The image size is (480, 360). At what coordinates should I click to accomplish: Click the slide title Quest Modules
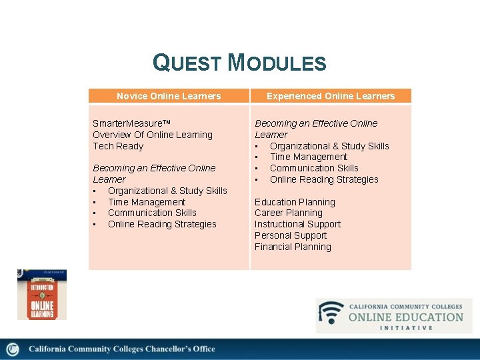point(239,63)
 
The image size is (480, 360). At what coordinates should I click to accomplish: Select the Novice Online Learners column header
point(169,96)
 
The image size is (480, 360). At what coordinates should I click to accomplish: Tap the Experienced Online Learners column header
point(331,96)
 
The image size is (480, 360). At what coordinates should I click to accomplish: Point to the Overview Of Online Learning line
point(153,135)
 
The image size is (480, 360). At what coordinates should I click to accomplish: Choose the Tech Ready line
point(118,146)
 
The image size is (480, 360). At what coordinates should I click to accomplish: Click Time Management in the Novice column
point(147,202)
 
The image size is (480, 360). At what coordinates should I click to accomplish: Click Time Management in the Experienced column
point(309,157)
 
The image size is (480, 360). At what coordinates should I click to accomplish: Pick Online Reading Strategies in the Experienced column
point(324,179)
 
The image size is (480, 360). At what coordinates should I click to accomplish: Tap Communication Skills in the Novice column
point(152,213)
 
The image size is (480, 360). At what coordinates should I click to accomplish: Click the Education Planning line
point(295,202)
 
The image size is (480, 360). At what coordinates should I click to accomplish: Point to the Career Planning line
point(288,213)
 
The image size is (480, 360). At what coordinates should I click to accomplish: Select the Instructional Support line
point(297,224)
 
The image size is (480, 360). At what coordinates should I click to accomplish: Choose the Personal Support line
point(291,235)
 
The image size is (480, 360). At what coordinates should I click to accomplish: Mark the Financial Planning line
point(293,247)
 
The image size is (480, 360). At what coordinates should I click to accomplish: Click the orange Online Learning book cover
point(41,295)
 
